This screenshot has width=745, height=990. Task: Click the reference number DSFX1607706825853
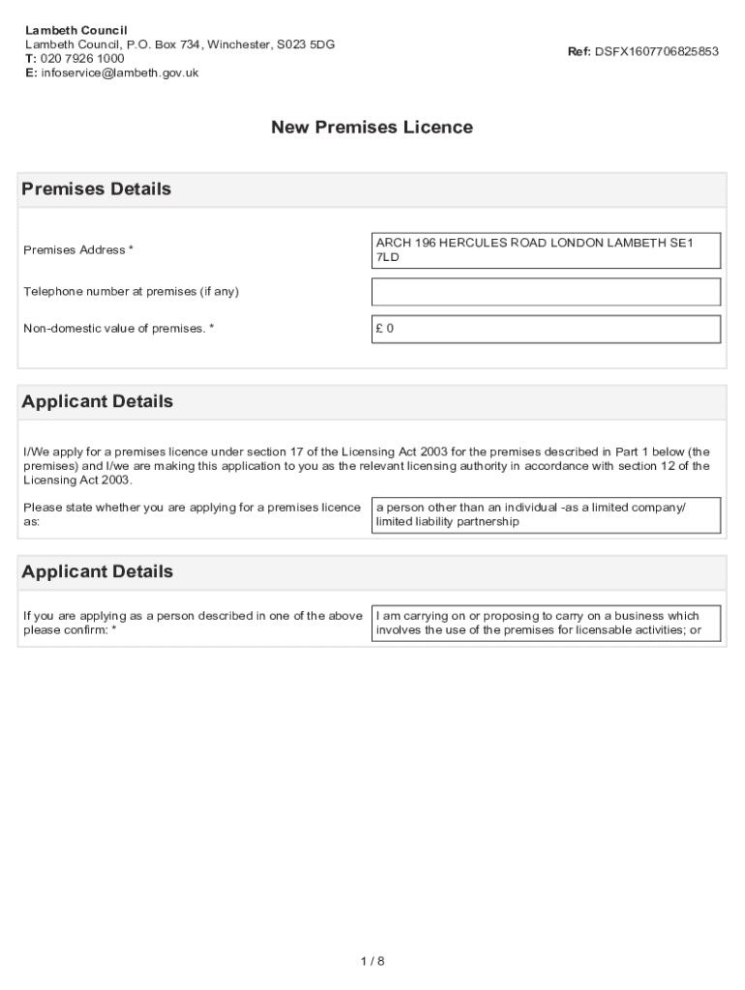coord(657,51)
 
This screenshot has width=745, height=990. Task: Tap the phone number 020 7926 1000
coord(81,58)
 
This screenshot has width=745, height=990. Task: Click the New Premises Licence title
coord(372,127)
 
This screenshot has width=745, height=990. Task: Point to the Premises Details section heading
coord(97,189)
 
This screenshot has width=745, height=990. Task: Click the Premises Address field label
coord(78,250)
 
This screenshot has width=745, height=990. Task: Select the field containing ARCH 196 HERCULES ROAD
coord(546,250)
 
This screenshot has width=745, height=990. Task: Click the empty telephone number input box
coord(546,292)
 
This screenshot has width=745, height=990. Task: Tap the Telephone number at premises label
coord(131,292)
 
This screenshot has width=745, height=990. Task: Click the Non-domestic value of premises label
coord(118,329)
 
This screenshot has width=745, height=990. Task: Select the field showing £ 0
coord(546,329)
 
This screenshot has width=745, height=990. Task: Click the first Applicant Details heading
coord(98,401)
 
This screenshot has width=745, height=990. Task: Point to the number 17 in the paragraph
coord(313,451)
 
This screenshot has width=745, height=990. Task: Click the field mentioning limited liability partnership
coord(546,514)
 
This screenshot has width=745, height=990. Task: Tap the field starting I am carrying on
coord(546,624)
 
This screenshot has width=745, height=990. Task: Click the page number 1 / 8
coord(372,961)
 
